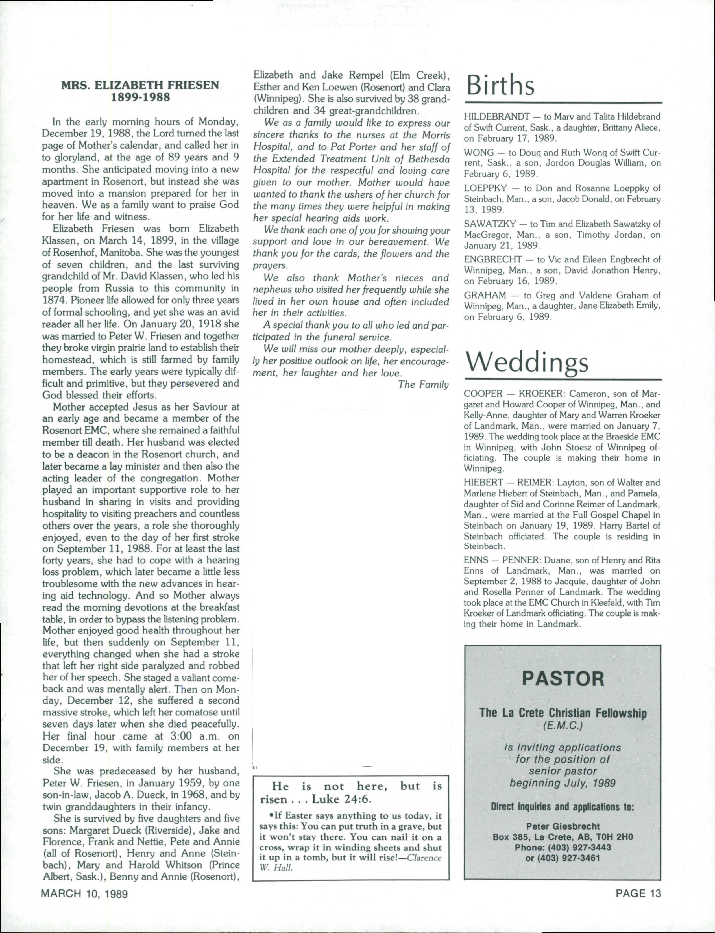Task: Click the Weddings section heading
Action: coord(527,363)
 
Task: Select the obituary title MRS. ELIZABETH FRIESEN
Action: coord(140,85)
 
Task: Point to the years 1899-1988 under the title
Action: coord(140,97)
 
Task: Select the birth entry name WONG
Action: coord(479,153)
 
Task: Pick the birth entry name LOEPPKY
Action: coord(485,188)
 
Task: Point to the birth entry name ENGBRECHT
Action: coord(493,259)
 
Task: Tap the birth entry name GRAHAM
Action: coord(485,295)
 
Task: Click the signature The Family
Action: coord(423,385)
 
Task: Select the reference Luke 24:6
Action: coord(342,799)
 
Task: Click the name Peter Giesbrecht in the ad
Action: coord(563,826)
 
